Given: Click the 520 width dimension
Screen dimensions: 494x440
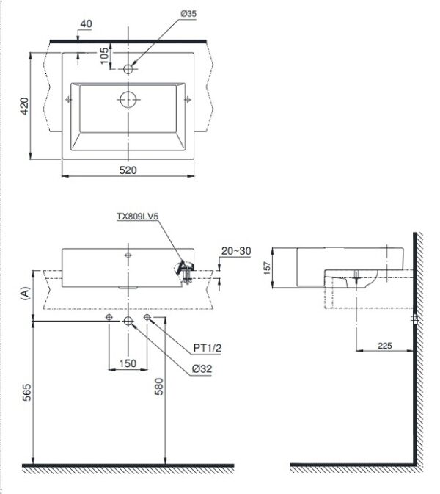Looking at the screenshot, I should tap(128, 170).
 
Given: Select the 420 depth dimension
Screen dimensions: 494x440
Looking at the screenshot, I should tap(23, 106).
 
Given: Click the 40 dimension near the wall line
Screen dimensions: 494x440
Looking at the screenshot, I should tap(86, 23).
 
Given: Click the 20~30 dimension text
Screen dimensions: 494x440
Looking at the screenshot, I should tap(235, 251).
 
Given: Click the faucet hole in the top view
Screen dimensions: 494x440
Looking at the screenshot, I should tap(128, 69).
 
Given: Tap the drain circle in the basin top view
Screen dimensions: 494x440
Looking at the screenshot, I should tap(129, 99).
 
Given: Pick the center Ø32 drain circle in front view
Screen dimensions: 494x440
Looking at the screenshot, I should tap(128, 321).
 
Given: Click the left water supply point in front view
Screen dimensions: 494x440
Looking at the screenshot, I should tap(109, 317).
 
